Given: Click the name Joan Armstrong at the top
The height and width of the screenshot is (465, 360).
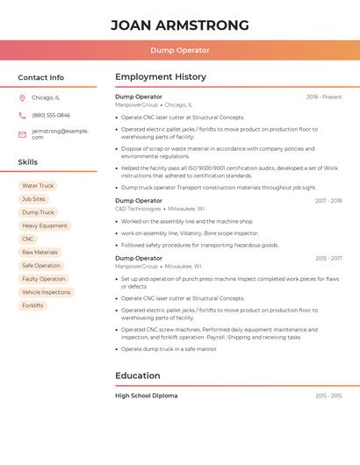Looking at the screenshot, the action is [179, 25].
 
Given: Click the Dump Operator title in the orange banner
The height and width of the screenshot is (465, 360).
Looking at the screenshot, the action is [179, 51].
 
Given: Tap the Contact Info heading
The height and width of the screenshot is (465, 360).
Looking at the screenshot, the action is [40, 77].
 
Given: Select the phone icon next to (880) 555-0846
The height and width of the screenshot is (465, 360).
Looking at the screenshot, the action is [22, 115].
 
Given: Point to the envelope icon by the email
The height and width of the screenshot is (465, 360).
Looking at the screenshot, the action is [22, 133].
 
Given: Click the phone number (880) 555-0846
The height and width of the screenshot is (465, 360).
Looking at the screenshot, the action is [51, 115].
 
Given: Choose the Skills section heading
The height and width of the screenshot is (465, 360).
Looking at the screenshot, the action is [28, 162].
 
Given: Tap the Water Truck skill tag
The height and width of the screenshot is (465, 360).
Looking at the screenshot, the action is [38, 186].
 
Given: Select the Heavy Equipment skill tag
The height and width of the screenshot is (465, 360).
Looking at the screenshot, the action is [45, 225].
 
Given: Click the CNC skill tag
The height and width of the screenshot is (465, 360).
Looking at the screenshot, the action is [28, 239].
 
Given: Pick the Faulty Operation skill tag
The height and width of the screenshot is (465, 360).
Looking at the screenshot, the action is [44, 279].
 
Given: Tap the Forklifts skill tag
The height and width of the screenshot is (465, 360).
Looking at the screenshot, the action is [32, 305].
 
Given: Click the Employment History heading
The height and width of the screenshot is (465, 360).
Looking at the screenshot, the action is [161, 77].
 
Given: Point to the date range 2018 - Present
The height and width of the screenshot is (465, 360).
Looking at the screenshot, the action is [324, 97].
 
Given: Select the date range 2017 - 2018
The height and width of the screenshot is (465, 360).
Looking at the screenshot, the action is [328, 201].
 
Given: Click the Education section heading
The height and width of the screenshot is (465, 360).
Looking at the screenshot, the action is [137, 376].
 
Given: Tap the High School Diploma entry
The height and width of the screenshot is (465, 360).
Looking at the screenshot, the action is [147, 396].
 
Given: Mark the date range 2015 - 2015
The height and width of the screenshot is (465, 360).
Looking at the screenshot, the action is [328, 396].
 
